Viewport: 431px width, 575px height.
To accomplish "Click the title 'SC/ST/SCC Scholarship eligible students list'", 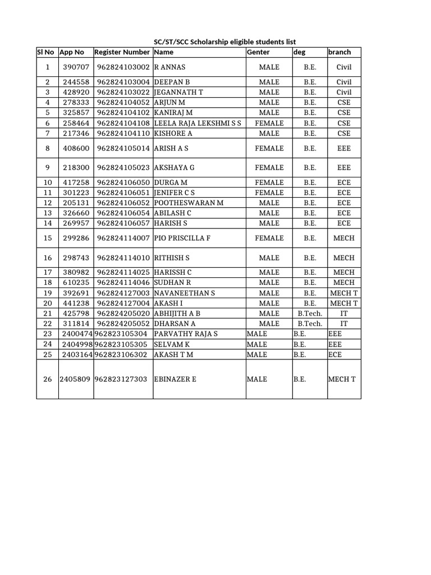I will click(x=224, y=42).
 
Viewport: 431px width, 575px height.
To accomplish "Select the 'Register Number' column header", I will click(x=122, y=52).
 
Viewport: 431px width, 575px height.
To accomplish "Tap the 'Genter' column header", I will click(x=258, y=52).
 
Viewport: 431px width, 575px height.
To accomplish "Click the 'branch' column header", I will click(x=340, y=52).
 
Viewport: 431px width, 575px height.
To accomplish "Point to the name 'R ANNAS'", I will click(x=167, y=67).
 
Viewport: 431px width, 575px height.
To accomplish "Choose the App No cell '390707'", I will click(x=76, y=67).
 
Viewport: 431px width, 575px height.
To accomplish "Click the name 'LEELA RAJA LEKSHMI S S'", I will click(x=198, y=123).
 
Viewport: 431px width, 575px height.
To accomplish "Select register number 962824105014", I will click(x=123, y=148).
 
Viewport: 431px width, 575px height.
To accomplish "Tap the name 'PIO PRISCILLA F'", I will click(x=182, y=238).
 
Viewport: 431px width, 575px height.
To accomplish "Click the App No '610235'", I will click(x=76, y=282).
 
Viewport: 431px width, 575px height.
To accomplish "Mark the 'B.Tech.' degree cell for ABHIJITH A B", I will click(x=310, y=313).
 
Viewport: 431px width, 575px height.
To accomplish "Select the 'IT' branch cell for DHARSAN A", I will click(x=344, y=323).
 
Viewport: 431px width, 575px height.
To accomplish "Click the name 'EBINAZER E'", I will click(x=175, y=379).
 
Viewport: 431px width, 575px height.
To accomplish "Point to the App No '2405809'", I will click(x=76, y=379).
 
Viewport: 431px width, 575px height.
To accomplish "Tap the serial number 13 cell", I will click(x=47, y=213).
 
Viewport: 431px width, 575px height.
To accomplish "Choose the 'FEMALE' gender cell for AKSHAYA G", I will click(x=269, y=167).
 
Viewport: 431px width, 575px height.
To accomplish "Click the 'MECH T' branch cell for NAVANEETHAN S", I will click(x=344, y=293).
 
